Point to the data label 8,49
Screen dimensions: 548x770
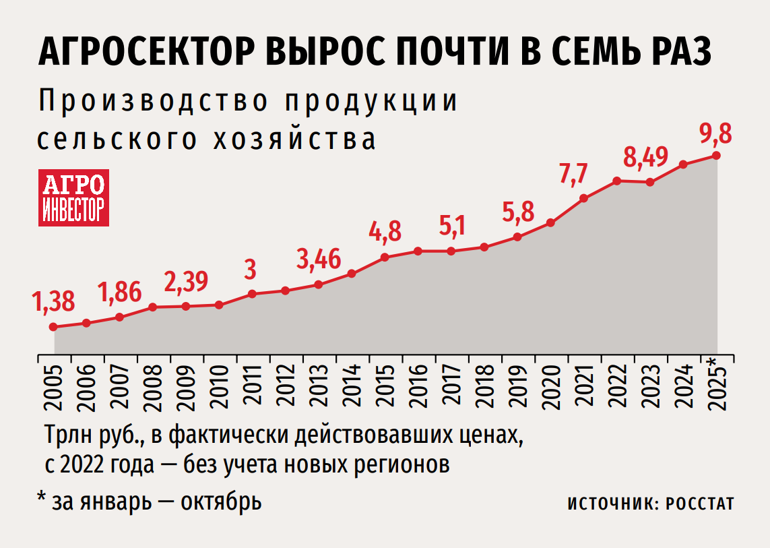pos(645,156)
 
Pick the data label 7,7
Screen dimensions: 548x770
pos(574,173)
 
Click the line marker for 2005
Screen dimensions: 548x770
pos(53,327)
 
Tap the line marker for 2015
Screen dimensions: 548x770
pos(385,257)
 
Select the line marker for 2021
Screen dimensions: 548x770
pos(583,198)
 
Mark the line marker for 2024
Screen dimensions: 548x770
pos(683,164)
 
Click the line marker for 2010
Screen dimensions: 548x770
pos(219,305)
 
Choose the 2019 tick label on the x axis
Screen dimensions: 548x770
pos(517,388)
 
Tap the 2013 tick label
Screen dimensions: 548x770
pos(318,388)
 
